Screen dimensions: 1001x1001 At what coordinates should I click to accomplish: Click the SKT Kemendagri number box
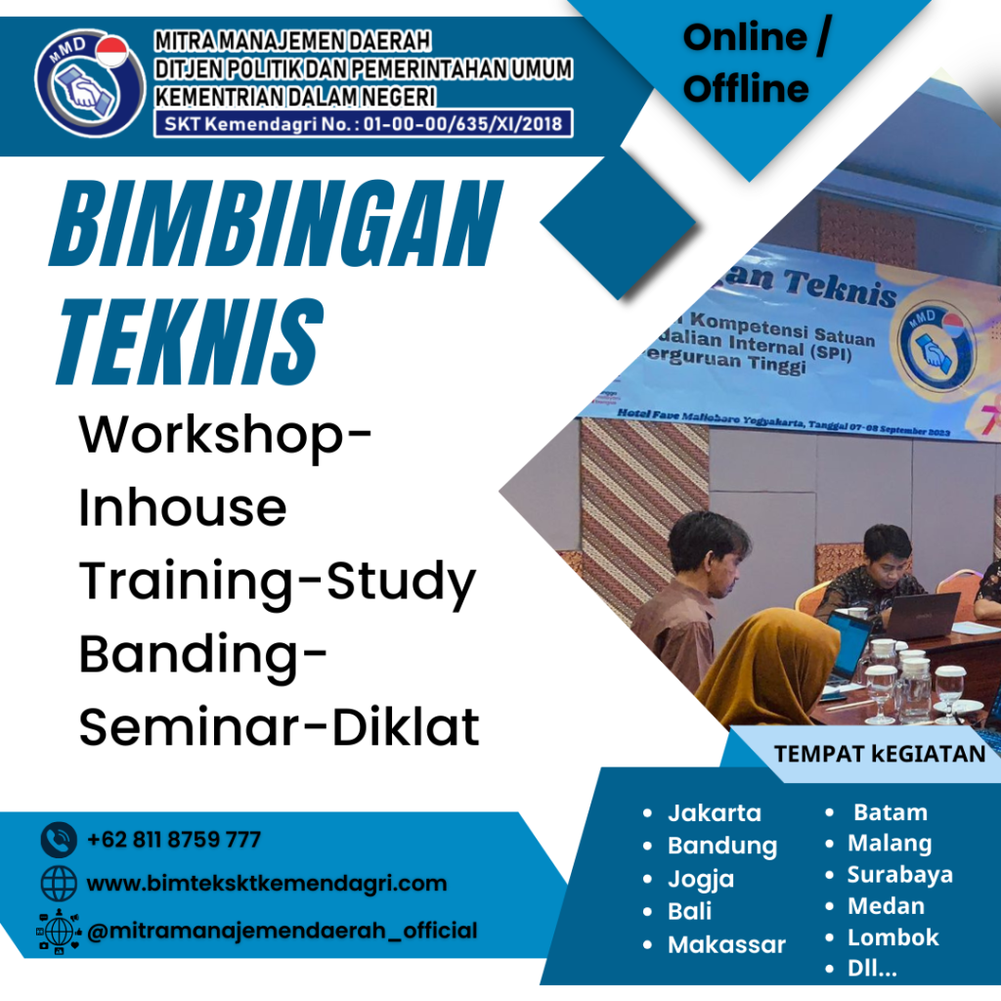coord(363,123)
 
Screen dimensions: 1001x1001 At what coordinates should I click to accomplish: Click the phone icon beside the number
coord(59,840)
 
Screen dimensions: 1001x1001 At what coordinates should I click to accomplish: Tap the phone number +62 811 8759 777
coord(174,840)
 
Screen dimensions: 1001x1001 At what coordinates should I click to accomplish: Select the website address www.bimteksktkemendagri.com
coord(267,884)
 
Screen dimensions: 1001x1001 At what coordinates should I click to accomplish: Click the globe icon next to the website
coord(59,884)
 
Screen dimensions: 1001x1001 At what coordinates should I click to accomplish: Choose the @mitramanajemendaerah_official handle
coord(283,930)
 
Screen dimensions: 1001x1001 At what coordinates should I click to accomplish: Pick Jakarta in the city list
coord(715,812)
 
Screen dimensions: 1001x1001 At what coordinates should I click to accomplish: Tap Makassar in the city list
coord(726,944)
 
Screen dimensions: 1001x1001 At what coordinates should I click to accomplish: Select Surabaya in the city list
coord(899,874)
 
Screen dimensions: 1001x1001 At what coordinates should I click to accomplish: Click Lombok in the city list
coord(892,936)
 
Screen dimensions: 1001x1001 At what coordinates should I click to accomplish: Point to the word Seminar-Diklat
coord(280,728)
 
